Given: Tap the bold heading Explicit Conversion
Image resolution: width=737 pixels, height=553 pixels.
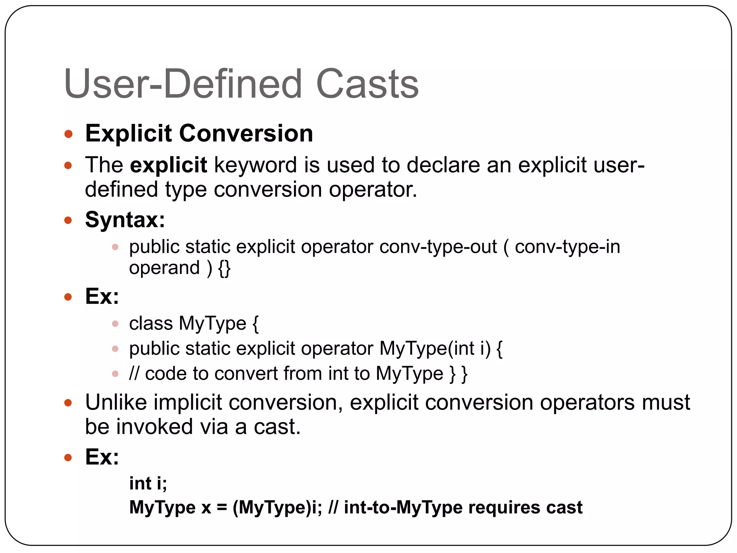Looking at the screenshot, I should [x=199, y=134].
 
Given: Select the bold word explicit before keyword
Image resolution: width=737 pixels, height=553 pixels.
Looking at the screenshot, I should [x=168, y=165].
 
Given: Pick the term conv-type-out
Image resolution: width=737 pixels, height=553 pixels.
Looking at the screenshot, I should [x=438, y=247].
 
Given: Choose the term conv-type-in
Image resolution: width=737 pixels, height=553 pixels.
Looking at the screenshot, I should [x=568, y=247].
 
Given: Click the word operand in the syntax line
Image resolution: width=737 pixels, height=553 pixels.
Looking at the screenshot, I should [x=164, y=268].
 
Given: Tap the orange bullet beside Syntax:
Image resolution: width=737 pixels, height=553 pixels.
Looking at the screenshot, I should [x=68, y=220].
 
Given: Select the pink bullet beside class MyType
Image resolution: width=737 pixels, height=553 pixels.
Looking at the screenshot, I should [x=115, y=324].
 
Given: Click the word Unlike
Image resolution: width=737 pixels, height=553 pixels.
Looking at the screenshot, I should [x=116, y=402].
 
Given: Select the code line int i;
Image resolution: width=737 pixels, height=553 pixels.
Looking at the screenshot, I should [x=148, y=483].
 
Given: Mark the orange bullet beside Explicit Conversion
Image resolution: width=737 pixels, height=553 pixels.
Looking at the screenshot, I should [x=68, y=134].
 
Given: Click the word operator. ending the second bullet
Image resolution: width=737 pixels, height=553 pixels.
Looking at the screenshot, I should [x=373, y=189].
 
